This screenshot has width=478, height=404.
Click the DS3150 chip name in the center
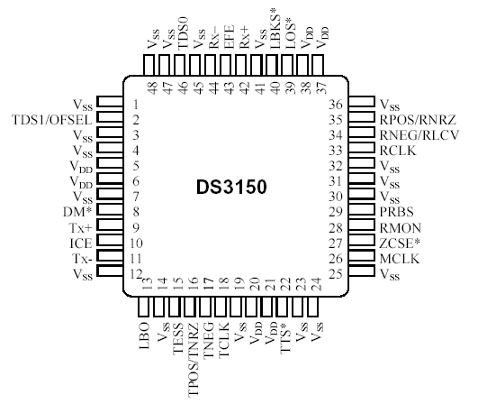click(x=231, y=187)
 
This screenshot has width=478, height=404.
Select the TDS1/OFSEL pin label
click(x=52, y=120)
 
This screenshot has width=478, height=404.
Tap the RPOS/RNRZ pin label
click(x=418, y=120)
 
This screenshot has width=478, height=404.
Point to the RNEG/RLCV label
click(x=419, y=135)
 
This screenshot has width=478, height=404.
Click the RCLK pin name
click(x=398, y=151)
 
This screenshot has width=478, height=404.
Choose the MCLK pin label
click(x=400, y=259)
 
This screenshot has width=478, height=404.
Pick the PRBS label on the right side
click(x=397, y=212)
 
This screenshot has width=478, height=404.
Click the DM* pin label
click(x=77, y=212)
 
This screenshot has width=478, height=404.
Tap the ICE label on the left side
click(x=81, y=243)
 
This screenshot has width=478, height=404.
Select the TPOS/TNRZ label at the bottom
click(x=194, y=360)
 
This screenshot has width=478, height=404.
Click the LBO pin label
click(x=144, y=335)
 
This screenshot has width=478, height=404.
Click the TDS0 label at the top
click(x=183, y=33)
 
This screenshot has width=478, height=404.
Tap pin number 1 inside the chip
click(x=136, y=105)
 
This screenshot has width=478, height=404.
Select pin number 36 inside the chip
click(x=336, y=105)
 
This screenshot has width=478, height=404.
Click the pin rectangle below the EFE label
click(x=226, y=65)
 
